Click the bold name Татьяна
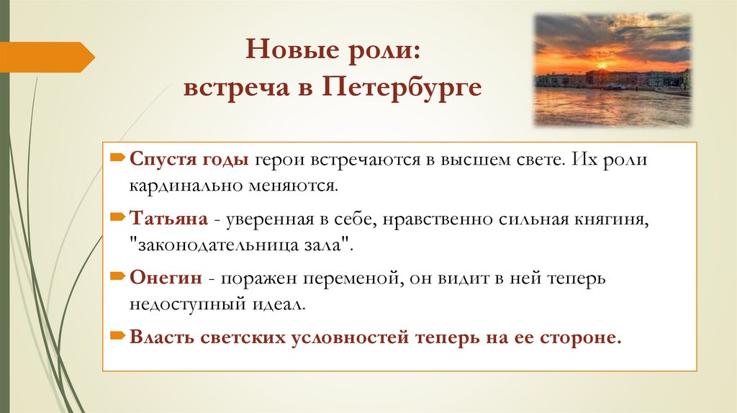[x=169, y=218]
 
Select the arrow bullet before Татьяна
[x=117, y=217]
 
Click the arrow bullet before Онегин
[x=117, y=276]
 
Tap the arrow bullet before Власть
[x=117, y=335]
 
